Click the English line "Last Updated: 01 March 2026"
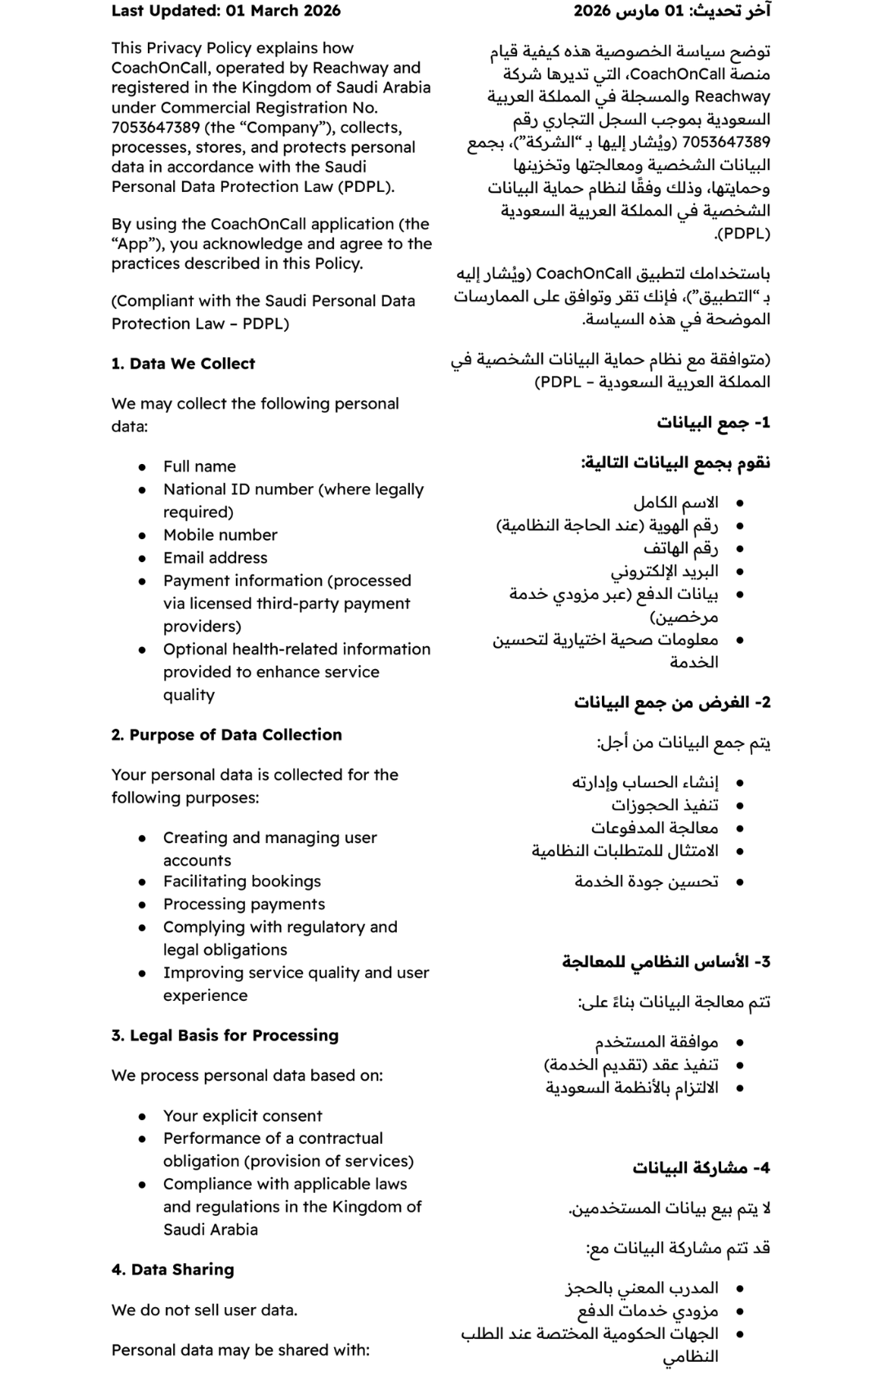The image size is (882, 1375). click(225, 11)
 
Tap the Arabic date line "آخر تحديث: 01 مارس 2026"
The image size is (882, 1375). click(671, 11)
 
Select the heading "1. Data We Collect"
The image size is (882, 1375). click(183, 364)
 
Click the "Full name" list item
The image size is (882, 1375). click(199, 467)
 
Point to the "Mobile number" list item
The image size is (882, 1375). click(220, 535)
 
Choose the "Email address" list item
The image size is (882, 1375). click(215, 558)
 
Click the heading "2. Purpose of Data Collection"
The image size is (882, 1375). click(226, 734)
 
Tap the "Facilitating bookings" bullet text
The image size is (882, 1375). click(242, 882)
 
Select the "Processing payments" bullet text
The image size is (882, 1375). click(243, 904)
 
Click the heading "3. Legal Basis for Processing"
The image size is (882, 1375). click(225, 1035)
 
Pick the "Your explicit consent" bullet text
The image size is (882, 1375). click(243, 1116)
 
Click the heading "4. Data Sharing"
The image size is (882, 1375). click(172, 1270)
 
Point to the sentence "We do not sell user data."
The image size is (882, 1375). click(204, 1310)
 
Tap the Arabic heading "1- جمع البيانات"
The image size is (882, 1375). click(713, 422)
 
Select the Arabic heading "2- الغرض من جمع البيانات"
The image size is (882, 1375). click(672, 703)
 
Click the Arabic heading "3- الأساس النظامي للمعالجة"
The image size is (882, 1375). click(666, 962)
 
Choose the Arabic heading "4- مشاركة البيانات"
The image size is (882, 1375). click(701, 1168)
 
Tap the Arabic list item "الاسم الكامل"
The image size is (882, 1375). click(675, 502)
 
